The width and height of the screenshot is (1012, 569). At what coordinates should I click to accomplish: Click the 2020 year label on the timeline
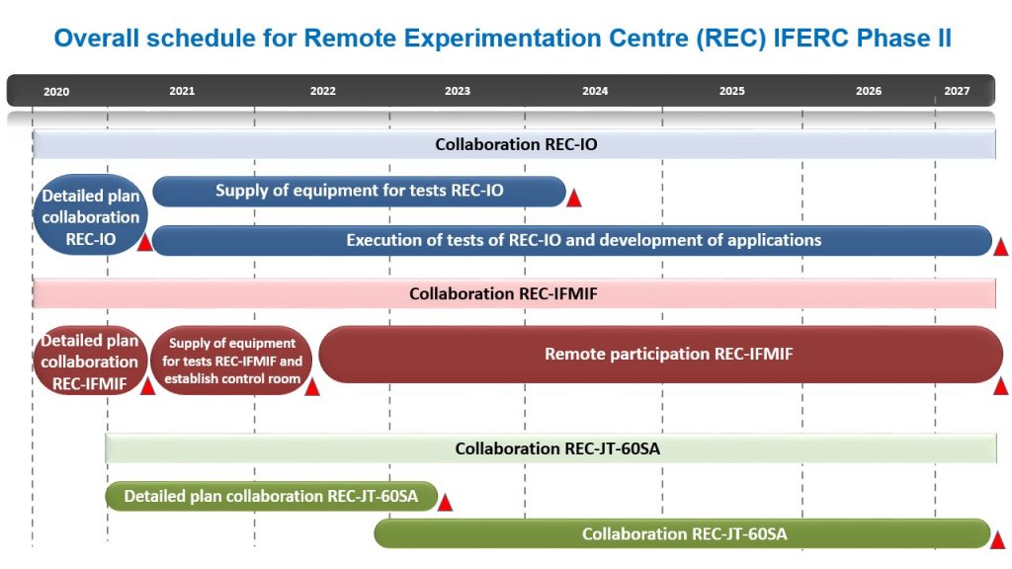click(56, 92)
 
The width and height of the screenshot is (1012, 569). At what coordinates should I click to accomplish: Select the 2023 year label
click(457, 91)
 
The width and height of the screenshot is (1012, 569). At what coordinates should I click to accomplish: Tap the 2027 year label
click(957, 91)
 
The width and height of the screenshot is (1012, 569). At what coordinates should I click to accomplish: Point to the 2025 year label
click(732, 91)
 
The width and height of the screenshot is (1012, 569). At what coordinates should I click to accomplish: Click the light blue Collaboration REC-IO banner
click(514, 144)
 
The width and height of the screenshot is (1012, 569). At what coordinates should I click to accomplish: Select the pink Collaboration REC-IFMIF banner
click(514, 294)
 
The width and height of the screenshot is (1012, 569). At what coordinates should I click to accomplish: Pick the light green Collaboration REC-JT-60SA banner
click(551, 449)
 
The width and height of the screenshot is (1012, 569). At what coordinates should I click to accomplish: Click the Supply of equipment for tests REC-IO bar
click(359, 191)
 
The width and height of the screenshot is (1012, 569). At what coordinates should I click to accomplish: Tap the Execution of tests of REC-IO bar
click(572, 241)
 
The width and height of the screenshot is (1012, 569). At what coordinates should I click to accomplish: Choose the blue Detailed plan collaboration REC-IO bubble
click(90, 214)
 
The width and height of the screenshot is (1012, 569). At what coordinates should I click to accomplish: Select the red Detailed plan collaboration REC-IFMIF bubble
click(89, 361)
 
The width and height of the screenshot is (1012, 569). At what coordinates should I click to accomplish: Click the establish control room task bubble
click(231, 361)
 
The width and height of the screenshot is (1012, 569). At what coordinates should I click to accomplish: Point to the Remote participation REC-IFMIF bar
click(661, 355)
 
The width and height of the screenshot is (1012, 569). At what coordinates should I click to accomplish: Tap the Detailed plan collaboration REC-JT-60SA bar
click(271, 497)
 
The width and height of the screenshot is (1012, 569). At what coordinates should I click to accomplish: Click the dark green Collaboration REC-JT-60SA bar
click(682, 534)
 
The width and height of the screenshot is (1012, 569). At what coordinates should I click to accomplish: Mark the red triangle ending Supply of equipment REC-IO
click(574, 198)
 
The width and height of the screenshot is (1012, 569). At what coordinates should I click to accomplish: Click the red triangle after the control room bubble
click(312, 387)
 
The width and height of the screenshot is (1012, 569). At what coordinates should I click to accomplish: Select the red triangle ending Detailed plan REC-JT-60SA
click(445, 503)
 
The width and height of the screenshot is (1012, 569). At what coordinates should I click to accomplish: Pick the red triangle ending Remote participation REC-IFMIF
click(1000, 386)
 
